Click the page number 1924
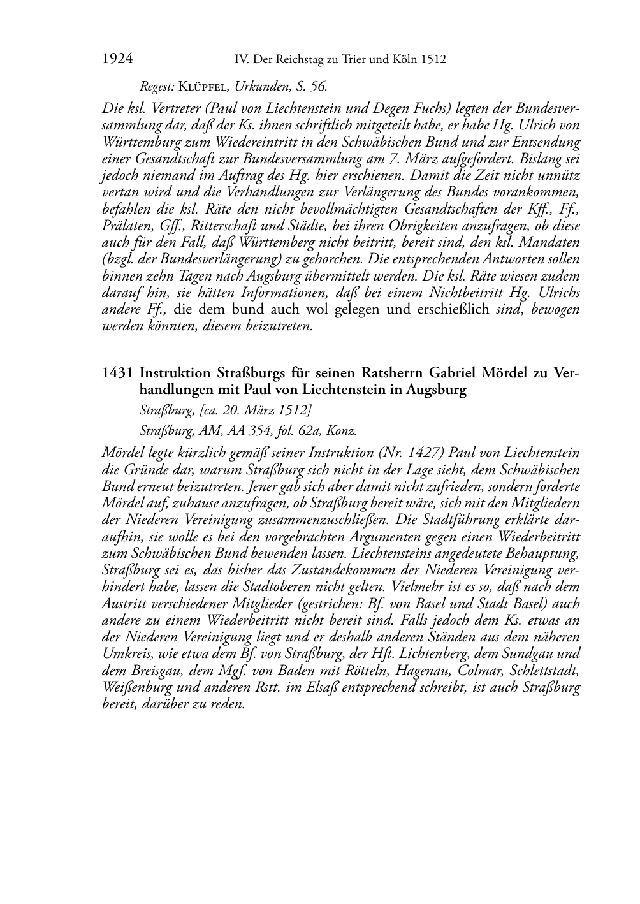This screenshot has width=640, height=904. [117, 59]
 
